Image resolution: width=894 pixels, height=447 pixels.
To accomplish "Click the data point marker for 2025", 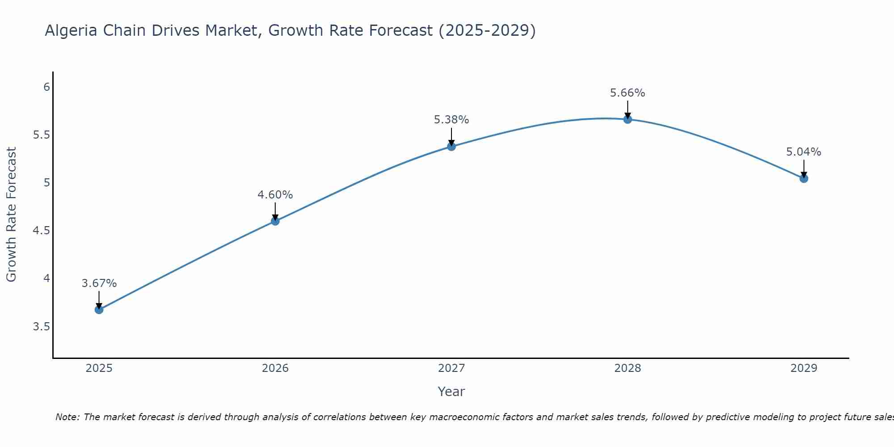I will [99, 310].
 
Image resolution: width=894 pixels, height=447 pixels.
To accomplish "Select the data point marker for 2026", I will [275, 221].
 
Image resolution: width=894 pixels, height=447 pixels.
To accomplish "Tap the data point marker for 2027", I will [451, 146].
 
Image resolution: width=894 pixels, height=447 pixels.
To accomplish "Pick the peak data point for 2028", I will [628, 119].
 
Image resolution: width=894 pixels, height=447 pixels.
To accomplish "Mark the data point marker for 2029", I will [804, 178].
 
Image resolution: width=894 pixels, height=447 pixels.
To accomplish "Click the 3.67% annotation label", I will [99, 283].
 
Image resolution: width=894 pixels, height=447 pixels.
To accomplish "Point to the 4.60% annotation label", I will [275, 195].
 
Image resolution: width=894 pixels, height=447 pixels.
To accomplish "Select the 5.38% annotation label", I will [451, 120].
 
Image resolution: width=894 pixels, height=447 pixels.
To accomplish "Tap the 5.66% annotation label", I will [628, 93].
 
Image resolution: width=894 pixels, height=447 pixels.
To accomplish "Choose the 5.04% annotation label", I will [804, 152].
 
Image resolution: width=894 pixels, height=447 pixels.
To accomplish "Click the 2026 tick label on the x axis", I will [275, 368].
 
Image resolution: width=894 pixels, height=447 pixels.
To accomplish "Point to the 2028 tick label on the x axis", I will [628, 368].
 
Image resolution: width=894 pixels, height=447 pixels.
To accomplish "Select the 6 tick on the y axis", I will [46, 87].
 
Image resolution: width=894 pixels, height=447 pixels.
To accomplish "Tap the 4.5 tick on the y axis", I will [42, 231].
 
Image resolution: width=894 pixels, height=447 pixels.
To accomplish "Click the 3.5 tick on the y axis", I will [42, 327].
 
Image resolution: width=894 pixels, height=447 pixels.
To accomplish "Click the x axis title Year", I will [451, 392].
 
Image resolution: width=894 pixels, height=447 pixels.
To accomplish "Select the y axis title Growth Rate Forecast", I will [12, 215].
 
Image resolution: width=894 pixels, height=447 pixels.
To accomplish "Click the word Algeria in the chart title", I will [71, 31].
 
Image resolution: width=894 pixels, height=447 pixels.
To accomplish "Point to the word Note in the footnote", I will [67, 417].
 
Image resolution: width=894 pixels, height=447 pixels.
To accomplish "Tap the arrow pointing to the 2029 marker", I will [804, 169].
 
